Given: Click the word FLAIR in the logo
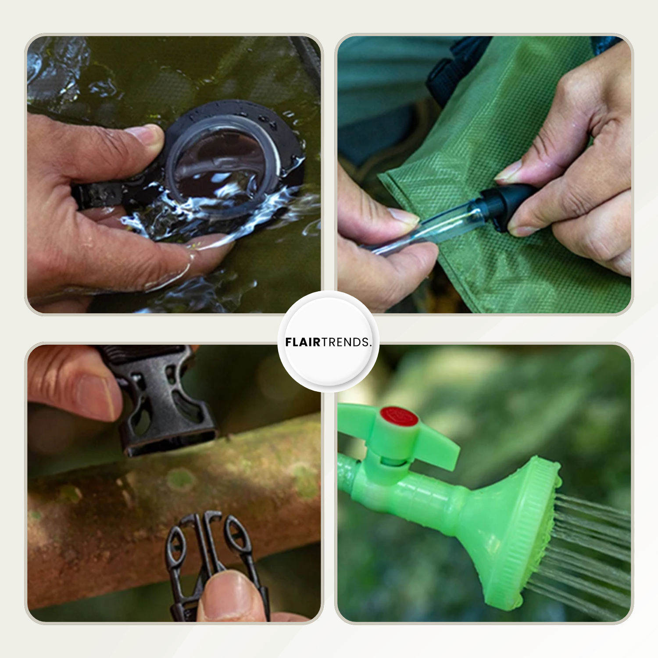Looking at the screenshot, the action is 303,342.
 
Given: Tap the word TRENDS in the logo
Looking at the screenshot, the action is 345,342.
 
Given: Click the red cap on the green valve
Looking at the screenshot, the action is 399,416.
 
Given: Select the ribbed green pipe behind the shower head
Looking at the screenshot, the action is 421,496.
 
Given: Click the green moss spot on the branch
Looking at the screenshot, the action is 180,478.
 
